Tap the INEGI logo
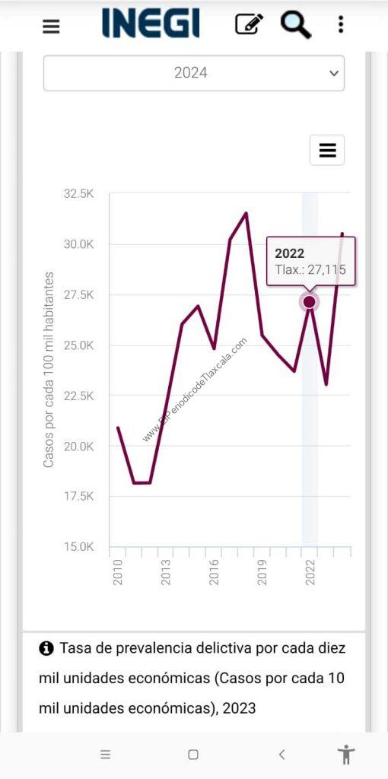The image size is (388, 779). (x=151, y=23)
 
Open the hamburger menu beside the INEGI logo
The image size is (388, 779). (x=51, y=26)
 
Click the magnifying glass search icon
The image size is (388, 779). (x=296, y=24)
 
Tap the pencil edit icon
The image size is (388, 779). (x=249, y=24)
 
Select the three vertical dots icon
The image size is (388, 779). (x=341, y=24)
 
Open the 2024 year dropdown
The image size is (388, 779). (x=194, y=73)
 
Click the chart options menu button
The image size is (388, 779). (x=327, y=150)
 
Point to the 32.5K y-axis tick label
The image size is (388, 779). (x=78, y=194)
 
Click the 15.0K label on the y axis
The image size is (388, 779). (x=78, y=547)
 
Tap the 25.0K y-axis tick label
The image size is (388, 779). (x=78, y=345)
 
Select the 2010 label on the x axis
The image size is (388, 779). (x=118, y=572)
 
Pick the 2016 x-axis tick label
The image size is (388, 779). (x=214, y=572)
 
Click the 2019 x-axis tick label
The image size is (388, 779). (x=262, y=572)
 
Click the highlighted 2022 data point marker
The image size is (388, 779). (x=310, y=301)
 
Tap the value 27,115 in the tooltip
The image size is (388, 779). (x=327, y=270)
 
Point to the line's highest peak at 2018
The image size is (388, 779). (x=246, y=213)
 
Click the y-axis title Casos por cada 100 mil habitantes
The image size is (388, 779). (x=48, y=370)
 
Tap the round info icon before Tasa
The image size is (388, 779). (x=46, y=648)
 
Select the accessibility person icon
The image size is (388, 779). (x=346, y=755)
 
